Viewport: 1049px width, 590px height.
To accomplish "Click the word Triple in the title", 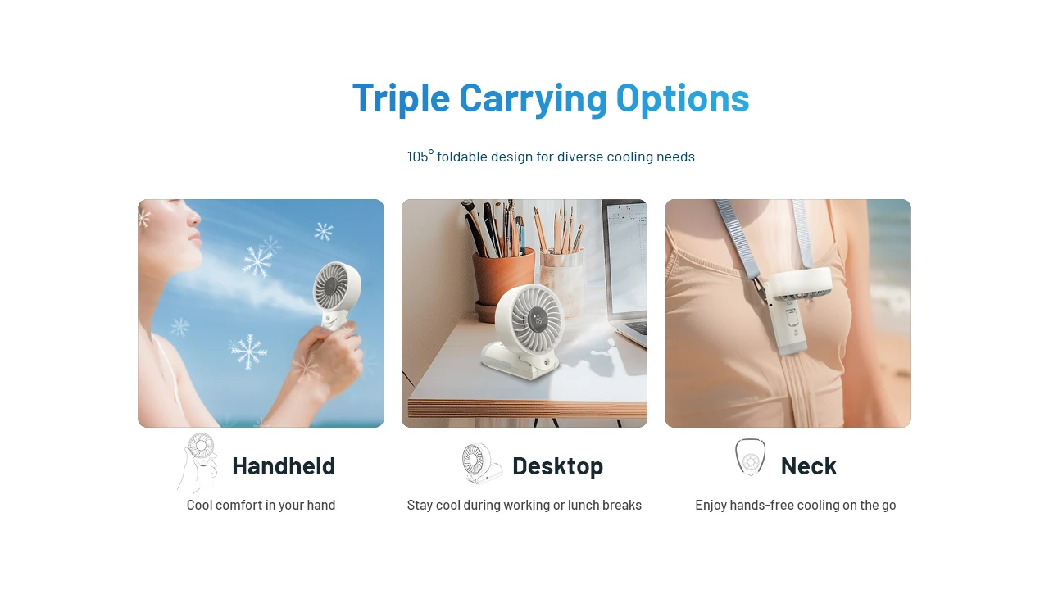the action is click(x=401, y=98).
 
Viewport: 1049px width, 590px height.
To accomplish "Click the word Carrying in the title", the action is click(x=533, y=98).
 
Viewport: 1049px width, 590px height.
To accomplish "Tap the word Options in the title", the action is click(x=683, y=98).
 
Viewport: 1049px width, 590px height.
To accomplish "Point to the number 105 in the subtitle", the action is click(x=417, y=157).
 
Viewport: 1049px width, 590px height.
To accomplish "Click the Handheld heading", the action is click(x=284, y=466).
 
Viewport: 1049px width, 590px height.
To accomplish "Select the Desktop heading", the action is click(x=558, y=466).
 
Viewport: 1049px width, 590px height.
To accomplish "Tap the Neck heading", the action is click(x=808, y=466).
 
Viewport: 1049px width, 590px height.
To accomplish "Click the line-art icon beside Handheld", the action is click(x=198, y=463).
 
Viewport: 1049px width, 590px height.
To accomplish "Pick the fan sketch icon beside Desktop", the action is click(x=481, y=464).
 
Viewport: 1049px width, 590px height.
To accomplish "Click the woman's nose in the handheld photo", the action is click(x=194, y=217).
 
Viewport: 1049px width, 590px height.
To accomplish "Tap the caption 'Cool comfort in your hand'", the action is click(x=261, y=506).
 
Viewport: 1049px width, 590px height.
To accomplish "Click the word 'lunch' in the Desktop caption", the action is click(x=583, y=506).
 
